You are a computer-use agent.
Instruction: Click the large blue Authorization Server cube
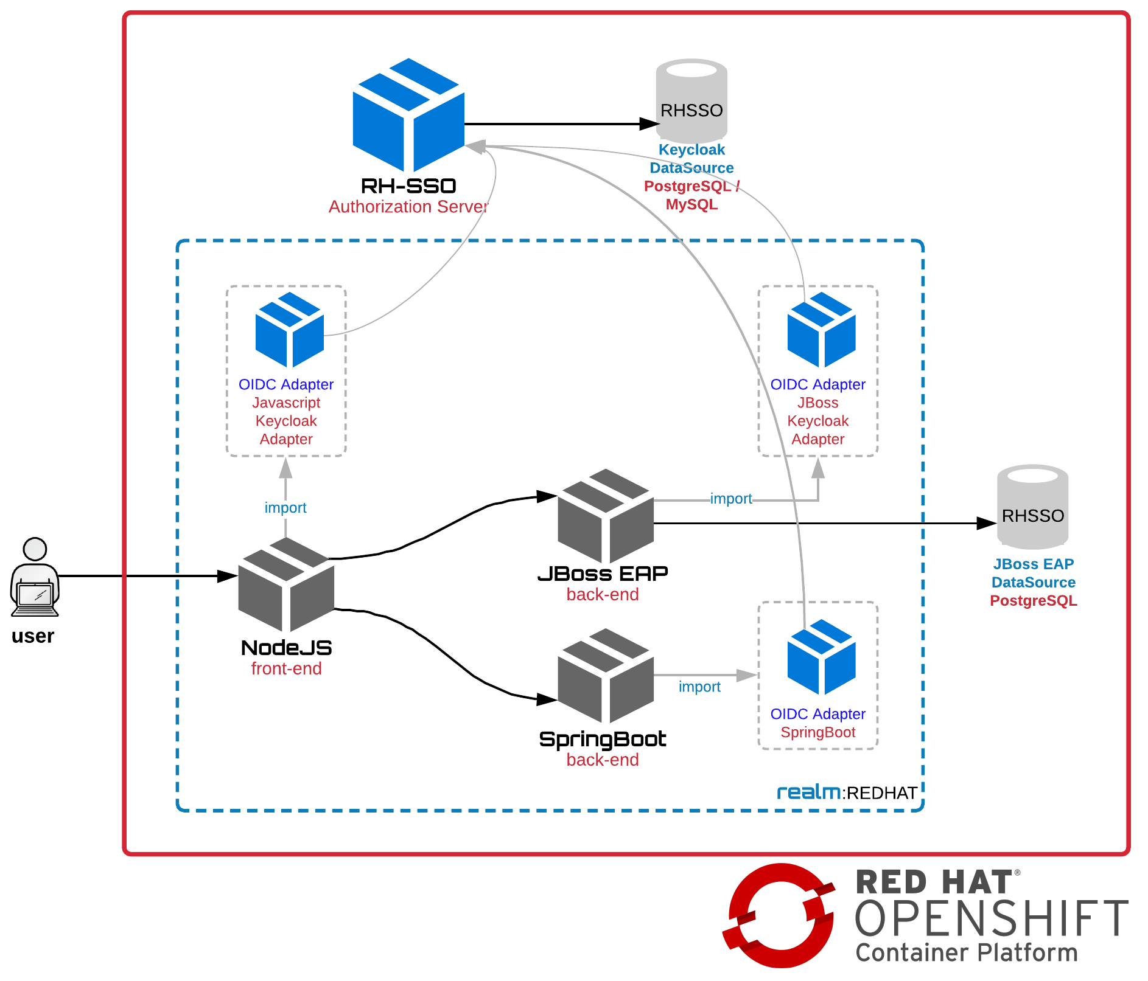[408, 116]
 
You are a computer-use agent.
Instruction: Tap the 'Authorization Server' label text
[408, 207]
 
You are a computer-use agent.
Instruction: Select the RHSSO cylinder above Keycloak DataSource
[691, 101]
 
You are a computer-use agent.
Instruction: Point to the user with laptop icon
[35, 578]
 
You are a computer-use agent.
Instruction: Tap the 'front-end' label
[286, 668]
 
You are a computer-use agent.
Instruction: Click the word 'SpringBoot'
[818, 732]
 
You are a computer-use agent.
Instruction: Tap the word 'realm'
[809, 792]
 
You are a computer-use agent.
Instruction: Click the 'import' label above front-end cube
[285, 507]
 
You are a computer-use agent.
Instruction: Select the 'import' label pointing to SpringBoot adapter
[699, 687]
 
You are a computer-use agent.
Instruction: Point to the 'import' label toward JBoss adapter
[731, 499]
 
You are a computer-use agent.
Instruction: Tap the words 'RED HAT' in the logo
[934, 882]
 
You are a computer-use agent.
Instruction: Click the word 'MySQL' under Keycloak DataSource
[691, 204]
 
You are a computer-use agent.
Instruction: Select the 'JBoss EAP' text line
[1033, 564]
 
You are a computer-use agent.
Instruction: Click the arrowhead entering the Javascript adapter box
[285, 468]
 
